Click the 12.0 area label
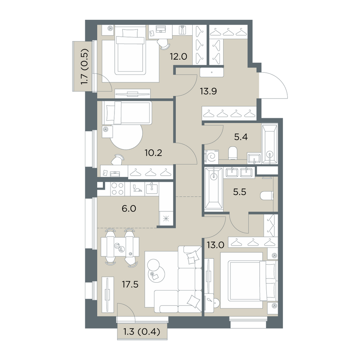tap(179, 56)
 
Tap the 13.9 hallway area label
tap(208, 91)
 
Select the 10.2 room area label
tap(153, 152)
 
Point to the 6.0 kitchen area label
tap(129, 208)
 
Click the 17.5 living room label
tap(130, 284)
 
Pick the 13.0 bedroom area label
tap(215, 245)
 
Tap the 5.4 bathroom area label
tap(241, 137)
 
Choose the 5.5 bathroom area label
tap(239, 192)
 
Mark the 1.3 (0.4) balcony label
tap(141, 332)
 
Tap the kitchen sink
tap(152, 188)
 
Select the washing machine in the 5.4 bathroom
tap(211, 157)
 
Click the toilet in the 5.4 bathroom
tap(233, 153)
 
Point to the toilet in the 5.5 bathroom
tap(266, 196)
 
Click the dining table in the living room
tap(120, 247)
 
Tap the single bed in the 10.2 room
tap(127, 113)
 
